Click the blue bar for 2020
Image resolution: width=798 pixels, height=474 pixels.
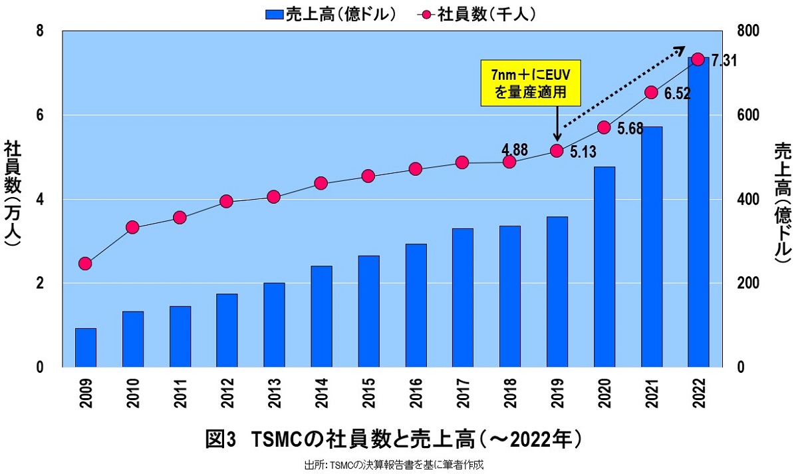tap(604, 267)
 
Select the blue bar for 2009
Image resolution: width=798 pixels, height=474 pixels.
tap(85, 348)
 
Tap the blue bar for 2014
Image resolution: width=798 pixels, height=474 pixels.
tap(321, 316)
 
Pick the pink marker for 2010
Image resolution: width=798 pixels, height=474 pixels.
tap(132, 228)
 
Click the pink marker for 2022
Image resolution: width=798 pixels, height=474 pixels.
tap(698, 59)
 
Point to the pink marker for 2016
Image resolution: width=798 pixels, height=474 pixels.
tap(416, 169)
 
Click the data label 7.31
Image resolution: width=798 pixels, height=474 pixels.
tap(724, 61)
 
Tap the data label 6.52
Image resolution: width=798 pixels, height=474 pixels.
tap(677, 95)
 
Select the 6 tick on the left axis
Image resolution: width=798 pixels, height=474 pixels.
tap(39, 115)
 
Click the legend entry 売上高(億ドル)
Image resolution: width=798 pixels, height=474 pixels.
tap(331, 13)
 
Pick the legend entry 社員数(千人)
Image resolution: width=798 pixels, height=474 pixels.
tap(477, 13)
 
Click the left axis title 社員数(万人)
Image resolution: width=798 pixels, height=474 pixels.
tap(13, 194)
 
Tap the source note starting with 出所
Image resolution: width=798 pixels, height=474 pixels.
tap(394, 465)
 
